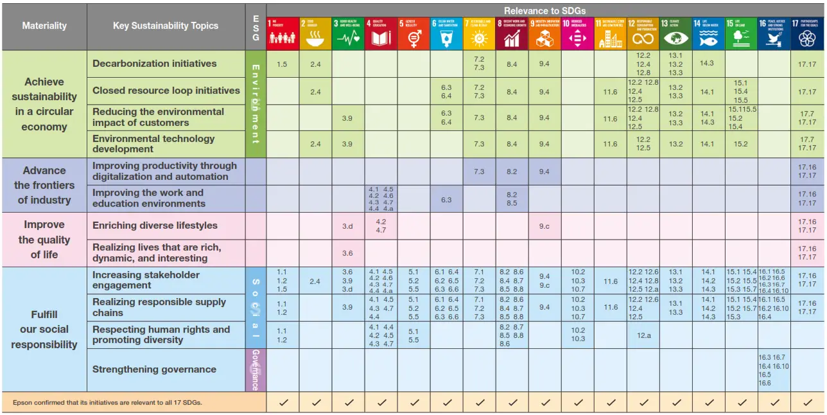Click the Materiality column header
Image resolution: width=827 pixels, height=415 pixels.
44,26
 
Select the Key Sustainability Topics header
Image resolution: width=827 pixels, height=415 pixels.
166,26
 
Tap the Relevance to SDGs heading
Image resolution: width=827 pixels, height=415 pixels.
544,10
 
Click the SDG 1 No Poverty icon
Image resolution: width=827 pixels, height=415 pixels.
283,33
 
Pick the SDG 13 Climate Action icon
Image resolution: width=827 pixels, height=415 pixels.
675,33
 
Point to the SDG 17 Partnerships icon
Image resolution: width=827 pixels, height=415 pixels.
807,33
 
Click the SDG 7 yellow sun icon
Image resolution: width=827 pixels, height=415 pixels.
479,33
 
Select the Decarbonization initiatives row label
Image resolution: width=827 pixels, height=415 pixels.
155,64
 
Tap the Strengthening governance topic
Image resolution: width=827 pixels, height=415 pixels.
154,369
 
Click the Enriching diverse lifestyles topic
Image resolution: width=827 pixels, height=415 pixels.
155,225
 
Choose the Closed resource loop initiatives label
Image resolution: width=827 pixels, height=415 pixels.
166,91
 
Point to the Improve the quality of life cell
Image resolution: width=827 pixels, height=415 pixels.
44,240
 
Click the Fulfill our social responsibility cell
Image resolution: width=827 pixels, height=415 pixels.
44,330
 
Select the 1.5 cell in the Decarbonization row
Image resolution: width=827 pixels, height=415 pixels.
283,64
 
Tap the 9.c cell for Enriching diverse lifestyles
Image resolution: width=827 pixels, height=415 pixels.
544,225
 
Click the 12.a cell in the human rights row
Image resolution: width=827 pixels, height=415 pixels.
643,335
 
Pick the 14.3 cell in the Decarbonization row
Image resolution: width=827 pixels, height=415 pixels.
708,64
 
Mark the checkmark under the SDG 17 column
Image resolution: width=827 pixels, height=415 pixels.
807,403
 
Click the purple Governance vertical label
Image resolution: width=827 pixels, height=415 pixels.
255,370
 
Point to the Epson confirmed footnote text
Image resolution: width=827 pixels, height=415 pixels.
107,403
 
